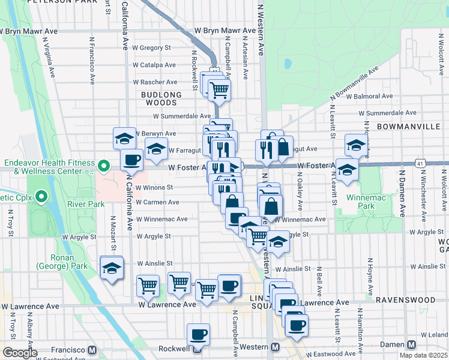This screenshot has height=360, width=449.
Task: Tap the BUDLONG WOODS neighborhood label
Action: click(x=161, y=99)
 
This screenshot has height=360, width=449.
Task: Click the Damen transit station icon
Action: click(x=411, y=346)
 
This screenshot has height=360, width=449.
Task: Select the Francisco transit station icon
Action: click(x=92, y=350)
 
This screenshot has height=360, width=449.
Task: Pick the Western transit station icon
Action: click(x=275, y=347)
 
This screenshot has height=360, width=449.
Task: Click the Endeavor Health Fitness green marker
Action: click(x=103, y=165)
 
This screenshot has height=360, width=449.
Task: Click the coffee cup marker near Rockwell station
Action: click(x=198, y=334)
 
